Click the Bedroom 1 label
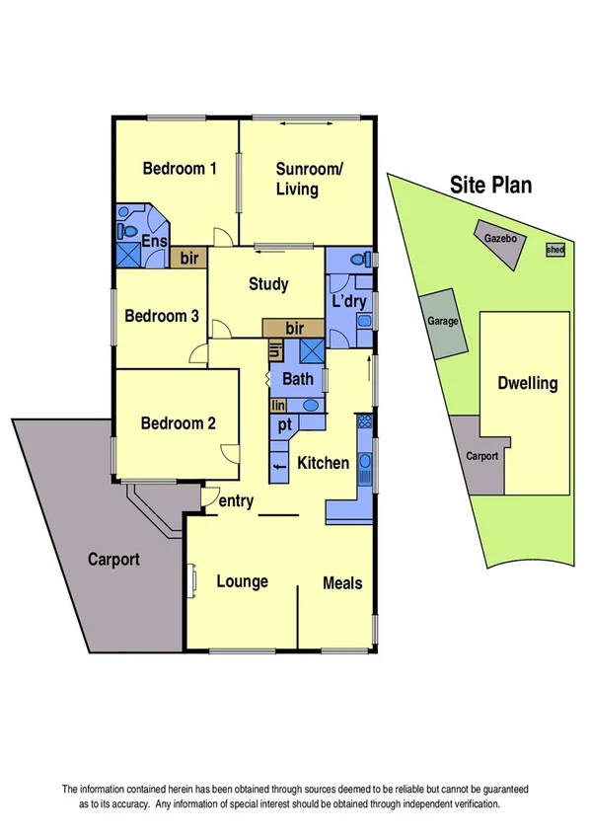point(180,168)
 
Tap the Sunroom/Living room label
point(309,178)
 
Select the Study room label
point(268,284)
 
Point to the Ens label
point(155,243)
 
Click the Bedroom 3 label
point(162,317)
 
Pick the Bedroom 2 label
point(178,424)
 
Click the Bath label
point(297,379)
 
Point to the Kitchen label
point(324,462)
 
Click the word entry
point(237,501)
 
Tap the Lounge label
point(242,581)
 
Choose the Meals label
point(342,583)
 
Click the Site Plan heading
point(490,184)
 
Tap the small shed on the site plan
point(555,251)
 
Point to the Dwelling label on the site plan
point(528,383)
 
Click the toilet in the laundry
point(364,261)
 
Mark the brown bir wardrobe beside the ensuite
point(188,259)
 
